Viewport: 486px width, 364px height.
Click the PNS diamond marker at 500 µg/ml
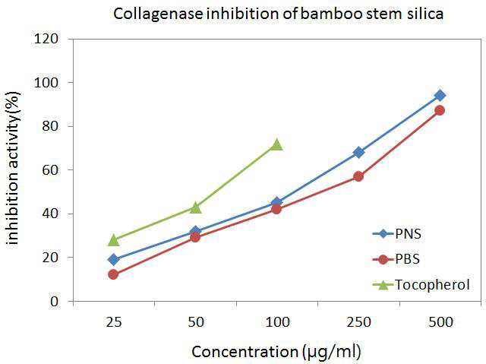tap(440, 96)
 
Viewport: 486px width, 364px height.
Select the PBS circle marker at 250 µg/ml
tap(358, 176)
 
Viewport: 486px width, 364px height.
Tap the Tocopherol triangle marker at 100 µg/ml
tap(276, 144)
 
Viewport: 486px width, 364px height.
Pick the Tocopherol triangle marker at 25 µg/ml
tap(113, 240)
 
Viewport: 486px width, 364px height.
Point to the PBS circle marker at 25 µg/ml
tap(113, 274)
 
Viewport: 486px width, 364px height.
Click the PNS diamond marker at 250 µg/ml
tap(358, 152)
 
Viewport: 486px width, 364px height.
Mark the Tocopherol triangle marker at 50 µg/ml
tap(195, 207)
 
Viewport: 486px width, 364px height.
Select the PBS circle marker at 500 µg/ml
tap(440, 110)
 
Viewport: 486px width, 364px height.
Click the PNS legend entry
tap(396, 233)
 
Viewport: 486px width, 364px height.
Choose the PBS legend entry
tap(396, 259)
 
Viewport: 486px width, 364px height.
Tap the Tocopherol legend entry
tap(421, 285)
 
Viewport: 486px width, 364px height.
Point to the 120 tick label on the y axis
tap(46, 39)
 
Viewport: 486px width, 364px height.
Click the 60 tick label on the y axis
tap(50, 170)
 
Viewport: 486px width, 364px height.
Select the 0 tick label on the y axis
tap(54, 301)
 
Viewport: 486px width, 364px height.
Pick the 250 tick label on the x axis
tap(358, 322)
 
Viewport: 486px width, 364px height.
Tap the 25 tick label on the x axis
tap(114, 322)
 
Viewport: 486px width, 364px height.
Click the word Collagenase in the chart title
tap(158, 14)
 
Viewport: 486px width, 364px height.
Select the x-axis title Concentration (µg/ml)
tap(276, 352)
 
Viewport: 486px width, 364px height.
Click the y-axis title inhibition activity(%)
tap(13, 168)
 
